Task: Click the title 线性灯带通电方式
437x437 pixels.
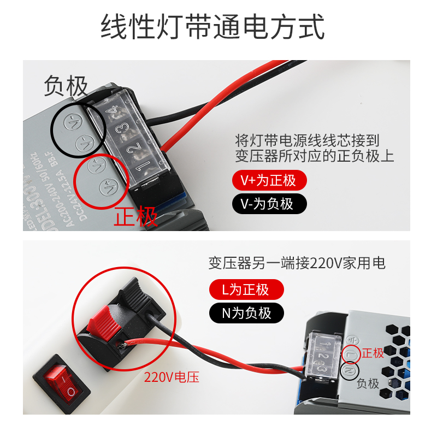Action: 212,27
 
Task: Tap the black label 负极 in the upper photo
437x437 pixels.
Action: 66,86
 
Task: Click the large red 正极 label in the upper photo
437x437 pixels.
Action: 135,216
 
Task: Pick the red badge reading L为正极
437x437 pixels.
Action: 246,289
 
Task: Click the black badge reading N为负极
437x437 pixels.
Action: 246,313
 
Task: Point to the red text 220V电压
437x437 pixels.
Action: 172,377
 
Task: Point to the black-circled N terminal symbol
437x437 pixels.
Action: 350,371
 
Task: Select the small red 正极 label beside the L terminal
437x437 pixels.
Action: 374,353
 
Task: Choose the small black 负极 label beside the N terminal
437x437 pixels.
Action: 368,383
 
